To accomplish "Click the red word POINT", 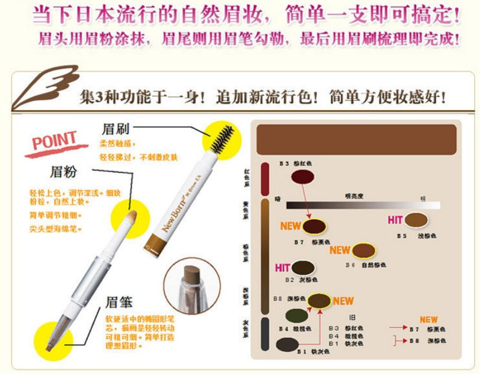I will click(x=54, y=141).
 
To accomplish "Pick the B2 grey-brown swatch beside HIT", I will click(x=303, y=267).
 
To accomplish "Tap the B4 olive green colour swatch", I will click(x=295, y=315).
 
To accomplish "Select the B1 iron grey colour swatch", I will click(x=287, y=344).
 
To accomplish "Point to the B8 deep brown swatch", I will click(x=319, y=301).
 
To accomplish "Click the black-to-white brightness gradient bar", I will click(x=363, y=205).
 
